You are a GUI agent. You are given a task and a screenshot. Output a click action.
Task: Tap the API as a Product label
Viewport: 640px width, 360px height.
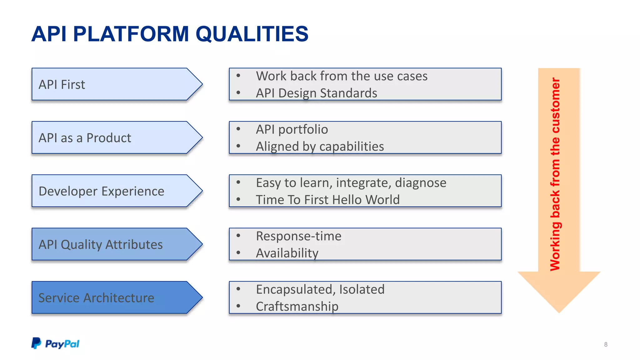[x=85, y=138]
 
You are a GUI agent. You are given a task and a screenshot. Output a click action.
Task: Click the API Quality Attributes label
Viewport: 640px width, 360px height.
[x=100, y=244]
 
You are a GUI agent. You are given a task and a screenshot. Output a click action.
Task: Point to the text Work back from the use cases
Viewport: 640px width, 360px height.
[x=342, y=76]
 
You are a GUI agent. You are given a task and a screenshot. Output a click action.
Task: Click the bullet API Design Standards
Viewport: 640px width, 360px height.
[x=316, y=93]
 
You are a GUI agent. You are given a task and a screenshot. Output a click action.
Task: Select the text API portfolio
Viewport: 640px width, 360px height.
[x=292, y=129]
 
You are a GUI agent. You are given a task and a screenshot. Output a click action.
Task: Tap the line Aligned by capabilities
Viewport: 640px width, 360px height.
[x=320, y=147]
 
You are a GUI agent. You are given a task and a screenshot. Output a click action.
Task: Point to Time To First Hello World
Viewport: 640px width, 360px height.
[x=327, y=200]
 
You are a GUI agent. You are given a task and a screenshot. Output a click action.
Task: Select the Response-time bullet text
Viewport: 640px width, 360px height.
[x=298, y=236]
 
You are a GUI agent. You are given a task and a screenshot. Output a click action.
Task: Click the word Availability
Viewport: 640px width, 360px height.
[x=287, y=253]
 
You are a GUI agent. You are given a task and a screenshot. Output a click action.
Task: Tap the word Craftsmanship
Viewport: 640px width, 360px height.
[x=297, y=307]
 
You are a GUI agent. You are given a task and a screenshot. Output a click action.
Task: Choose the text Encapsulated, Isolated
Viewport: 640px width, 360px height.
[x=320, y=289]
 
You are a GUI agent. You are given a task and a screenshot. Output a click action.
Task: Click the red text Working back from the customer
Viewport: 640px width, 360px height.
[x=555, y=174]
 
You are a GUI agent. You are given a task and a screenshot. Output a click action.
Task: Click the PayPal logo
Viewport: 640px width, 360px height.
[x=55, y=343]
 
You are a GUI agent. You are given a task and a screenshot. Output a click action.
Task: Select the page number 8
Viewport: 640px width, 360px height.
[x=606, y=344]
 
